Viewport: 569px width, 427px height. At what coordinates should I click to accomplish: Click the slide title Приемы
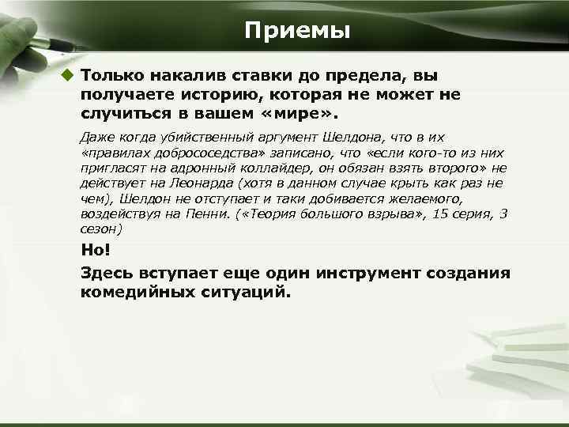[296, 31]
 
